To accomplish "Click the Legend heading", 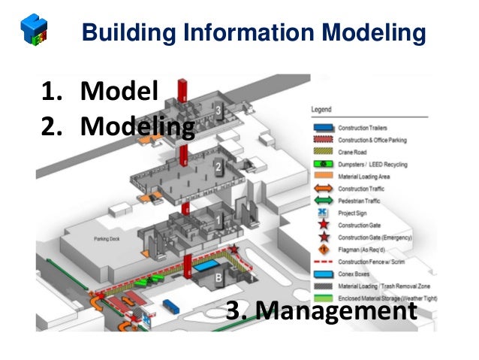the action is [x=321, y=110].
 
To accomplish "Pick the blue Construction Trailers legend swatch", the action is [x=323, y=128].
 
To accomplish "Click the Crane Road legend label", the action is [x=354, y=151].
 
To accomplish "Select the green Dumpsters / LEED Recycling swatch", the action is [x=323, y=163].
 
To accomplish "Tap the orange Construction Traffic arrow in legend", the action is [x=323, y=188].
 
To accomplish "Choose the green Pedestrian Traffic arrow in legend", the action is [x=323, y=200].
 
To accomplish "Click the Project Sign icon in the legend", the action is [x=323, y=212].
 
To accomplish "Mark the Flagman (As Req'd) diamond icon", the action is [x=323, y=249].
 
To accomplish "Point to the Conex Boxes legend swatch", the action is [x=323, y=274].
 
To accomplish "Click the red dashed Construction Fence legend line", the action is [x=323, y=262].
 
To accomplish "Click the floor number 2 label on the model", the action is [x=217, y=166].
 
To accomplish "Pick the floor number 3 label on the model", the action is [x=218, y=111].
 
